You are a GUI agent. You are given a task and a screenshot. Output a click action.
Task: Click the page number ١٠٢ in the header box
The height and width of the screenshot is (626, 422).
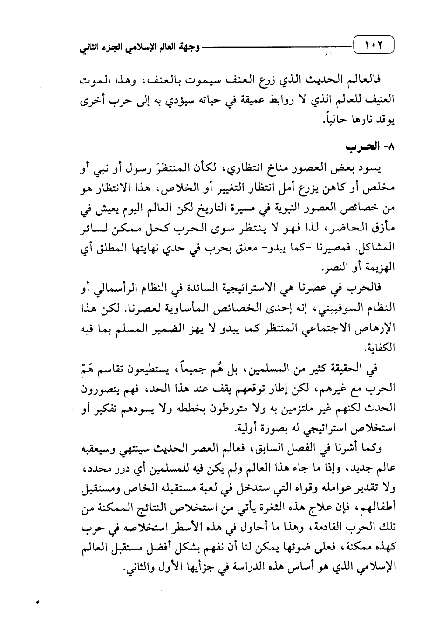(x=373, y=47)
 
